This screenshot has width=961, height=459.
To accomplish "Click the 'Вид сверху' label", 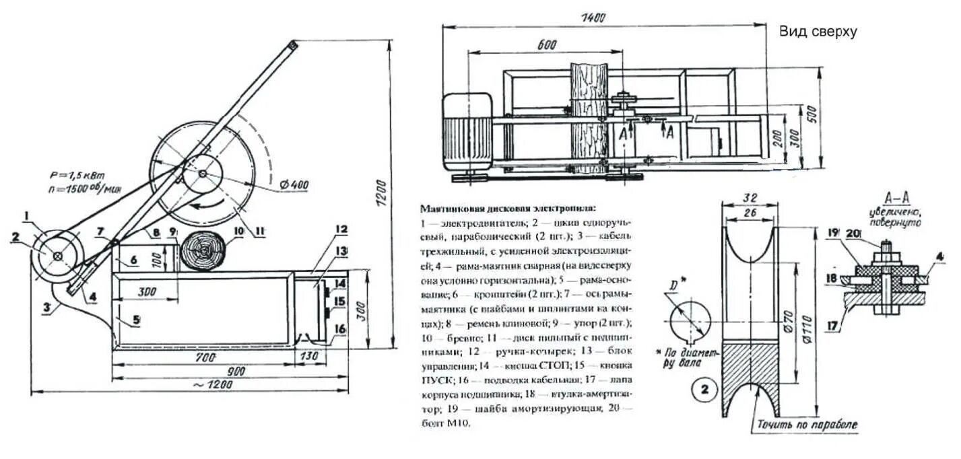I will click(818, 32).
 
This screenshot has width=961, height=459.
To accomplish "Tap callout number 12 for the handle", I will click(341, 229).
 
